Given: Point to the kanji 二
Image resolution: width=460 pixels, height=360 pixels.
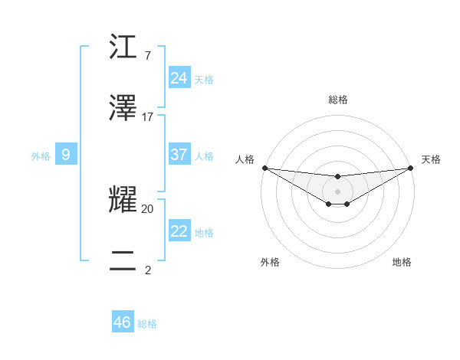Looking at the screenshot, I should coord(123,260).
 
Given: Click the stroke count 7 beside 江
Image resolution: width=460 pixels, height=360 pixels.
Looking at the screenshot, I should coord(147,56).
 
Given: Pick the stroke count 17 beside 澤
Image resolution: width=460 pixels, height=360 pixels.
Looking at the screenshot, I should coord(148,117).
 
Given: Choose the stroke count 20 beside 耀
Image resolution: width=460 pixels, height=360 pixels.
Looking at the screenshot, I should coord(148,208).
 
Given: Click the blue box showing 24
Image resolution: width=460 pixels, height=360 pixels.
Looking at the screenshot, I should coord(179,77).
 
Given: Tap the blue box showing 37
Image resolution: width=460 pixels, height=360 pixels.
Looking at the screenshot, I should coord(179,155).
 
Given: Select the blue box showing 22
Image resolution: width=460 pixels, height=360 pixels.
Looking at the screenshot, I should coord(179,231).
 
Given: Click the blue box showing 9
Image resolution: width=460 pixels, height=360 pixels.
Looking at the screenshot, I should coord(66,155).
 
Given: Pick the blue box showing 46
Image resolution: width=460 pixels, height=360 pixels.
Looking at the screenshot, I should coord(123,322).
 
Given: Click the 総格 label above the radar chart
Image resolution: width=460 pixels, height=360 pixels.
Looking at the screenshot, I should coord(338,100).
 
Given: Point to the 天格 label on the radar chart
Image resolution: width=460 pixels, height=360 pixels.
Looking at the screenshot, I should coord(431,159).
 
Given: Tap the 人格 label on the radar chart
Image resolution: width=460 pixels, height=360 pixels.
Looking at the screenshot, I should coord(245,159).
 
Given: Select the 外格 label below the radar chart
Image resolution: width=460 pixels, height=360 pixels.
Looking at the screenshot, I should coord(270,262).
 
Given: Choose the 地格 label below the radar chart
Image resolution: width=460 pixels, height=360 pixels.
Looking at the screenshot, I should coord(402,262).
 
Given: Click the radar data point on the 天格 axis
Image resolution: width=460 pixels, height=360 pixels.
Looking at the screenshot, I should coord(411,168).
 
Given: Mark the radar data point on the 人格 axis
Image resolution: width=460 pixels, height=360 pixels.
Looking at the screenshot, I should coord(264,168).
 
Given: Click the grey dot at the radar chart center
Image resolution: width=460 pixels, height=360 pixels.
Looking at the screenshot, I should coord(338,191).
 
